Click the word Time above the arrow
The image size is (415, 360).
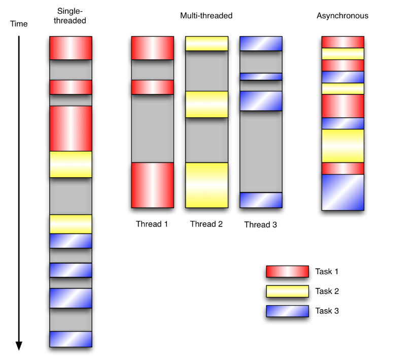pyautogui.click(x=19, y=24)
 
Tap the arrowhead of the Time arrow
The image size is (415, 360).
pyautogui.click(x=19, y=346)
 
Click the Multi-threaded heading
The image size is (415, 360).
pyautogui.click(x=206, y=16)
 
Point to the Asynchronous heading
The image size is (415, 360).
pyautogui.click(x=342, y=16)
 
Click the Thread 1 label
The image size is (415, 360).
pyautogui.click(x=152, y=224)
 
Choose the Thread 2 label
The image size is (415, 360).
pyautogui.click(x=206, y=224)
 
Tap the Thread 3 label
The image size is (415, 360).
pyautogui.click(x=260, y=224)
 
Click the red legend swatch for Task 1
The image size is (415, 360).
pyautogui.click(x=287, y=272)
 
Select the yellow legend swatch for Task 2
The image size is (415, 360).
pyautogui.click(x=287, y=291)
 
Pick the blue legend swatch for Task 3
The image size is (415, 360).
pyautogui.click(x=287, y=311)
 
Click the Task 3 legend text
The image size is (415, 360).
pyautogui.click(x=327, y=311)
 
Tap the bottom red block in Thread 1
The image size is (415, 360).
pyautogui.click(x=153, y=185)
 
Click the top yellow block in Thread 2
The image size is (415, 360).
pyautogui.click(x=206, y=44)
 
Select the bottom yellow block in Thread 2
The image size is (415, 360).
pyautogui.click(x=206, y=185)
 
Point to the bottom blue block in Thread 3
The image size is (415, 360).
pyautogui.click(x=260, y=200)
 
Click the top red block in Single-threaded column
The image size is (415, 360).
pyautogui.click(x=71, y=48)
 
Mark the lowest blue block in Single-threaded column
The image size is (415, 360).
pyautogui.click(x=71, y=339)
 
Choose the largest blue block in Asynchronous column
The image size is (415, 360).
pyautogui.click(x=343, y=192)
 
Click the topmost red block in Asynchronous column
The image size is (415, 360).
pyautogui.click(x=343, y=42)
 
